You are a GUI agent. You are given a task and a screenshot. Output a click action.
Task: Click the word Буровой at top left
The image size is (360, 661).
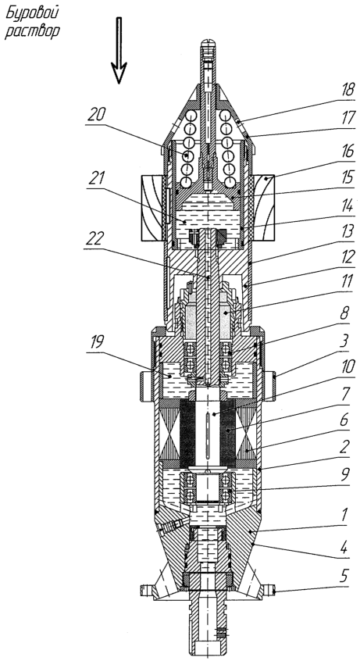[x=32, y=13]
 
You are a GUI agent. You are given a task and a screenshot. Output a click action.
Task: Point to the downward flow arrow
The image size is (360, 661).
[x=119, y=50]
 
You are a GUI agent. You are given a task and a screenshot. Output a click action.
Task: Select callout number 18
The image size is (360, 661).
[x=347, y=91]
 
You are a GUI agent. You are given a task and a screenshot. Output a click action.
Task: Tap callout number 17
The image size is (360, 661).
[x=347, y=118]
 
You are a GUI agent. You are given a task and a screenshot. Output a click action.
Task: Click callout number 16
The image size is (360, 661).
[x=347, y=152]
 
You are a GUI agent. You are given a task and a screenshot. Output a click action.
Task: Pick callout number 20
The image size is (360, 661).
[x=97, y=115]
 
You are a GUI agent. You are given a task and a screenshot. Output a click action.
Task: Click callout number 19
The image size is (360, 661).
[x=97, y=342]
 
